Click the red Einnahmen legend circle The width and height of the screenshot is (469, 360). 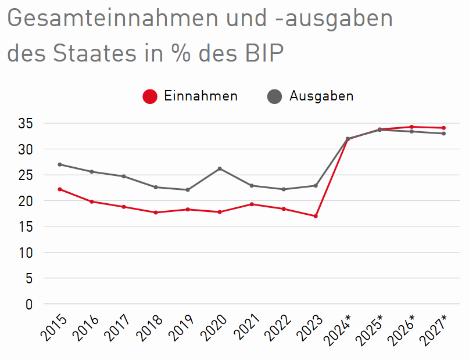click(150, 96)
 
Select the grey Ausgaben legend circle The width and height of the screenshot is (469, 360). click(275, 96)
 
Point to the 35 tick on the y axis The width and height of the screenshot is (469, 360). click(24, 124)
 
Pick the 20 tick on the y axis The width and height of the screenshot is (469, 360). click(24, 201)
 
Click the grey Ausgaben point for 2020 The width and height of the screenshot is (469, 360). click(220, 168)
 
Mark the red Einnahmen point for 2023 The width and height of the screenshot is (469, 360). click(316, 216)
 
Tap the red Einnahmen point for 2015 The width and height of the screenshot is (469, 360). click(60, 189)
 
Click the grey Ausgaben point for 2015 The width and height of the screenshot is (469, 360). click(60, 164)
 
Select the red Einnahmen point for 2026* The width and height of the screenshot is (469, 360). click(411, 127)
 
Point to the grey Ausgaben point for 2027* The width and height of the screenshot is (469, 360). click(443, 134)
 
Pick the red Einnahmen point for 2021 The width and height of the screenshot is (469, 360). click(252, 204)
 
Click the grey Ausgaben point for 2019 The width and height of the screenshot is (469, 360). click(188, 190)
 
